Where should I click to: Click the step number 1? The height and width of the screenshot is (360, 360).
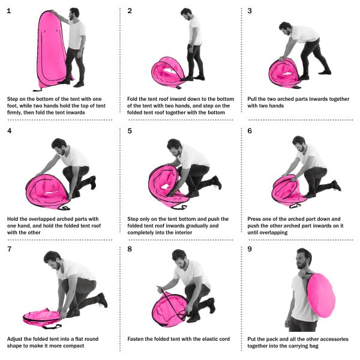pos(8,11)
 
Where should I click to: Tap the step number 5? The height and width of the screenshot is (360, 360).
pos(130,130)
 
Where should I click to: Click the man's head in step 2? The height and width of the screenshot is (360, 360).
pos(187,13)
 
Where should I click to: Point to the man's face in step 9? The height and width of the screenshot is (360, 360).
pos(304,259)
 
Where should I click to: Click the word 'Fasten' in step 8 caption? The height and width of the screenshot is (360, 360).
pos(137,339)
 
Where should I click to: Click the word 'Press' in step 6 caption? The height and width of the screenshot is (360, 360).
pos(255,219)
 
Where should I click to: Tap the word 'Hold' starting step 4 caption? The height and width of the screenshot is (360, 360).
pos(13,219)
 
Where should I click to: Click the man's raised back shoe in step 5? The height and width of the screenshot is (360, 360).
pos(217,182)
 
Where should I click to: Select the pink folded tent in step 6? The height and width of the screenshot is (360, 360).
pos(289,188)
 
